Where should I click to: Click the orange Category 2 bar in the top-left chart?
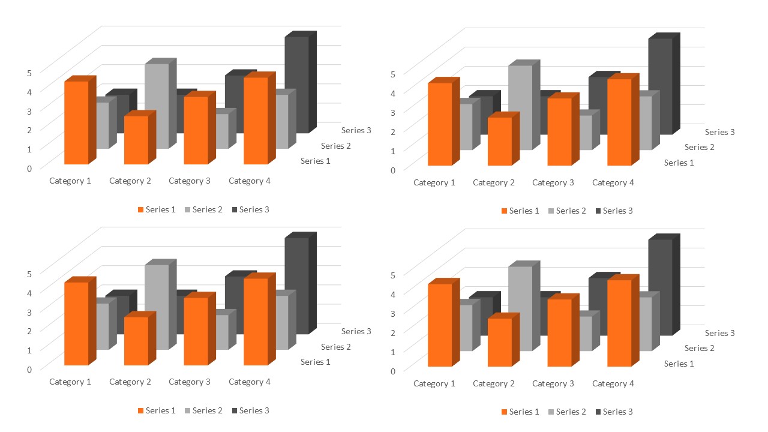point(136,140)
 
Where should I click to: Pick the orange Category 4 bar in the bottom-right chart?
point(619,323)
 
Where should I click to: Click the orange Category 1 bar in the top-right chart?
point(439,124)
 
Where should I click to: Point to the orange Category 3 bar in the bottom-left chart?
point(196,331)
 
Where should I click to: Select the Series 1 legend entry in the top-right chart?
point(520,211)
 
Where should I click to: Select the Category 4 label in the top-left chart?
point(250,181)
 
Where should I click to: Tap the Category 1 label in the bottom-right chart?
point(434,383)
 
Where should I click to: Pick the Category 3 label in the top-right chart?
point(553,182)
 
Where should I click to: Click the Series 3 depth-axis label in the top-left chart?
point(356,130)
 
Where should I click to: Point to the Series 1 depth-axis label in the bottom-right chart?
point(679,364)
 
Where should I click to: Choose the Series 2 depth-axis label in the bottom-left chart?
point(336,347)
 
